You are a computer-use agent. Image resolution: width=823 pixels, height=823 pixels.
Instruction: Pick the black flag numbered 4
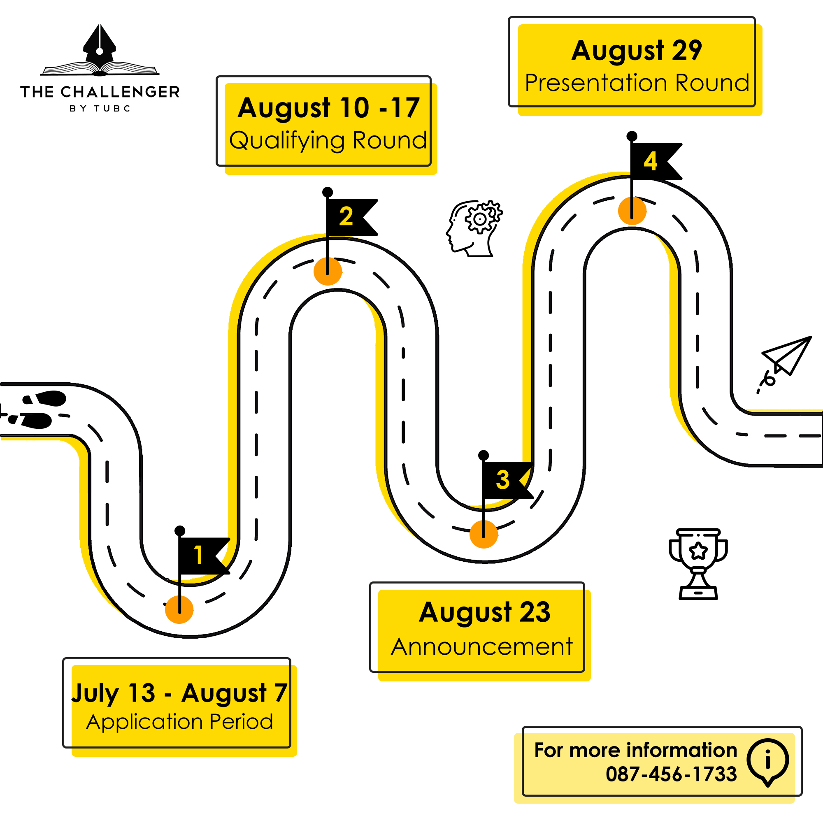coord(652,161)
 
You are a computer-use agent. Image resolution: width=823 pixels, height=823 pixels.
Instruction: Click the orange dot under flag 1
coord(179,609)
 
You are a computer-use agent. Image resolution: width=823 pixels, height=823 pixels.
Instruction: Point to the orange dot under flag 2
coord(328,271)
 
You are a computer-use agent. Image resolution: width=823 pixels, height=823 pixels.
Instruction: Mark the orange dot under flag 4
coord(632,210)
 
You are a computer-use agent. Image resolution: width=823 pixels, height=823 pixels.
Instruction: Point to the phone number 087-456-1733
coord(671,774)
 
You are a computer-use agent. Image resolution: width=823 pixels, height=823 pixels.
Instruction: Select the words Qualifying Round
coord(328,141)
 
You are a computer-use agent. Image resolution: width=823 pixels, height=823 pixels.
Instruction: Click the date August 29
coord(637,51)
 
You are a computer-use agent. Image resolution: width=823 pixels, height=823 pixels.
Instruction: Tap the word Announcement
coord(482,646)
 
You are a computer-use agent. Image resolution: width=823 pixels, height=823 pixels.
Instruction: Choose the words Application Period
coord(179,722)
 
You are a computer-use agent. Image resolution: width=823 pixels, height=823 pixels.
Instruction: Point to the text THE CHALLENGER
coord(100,92)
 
